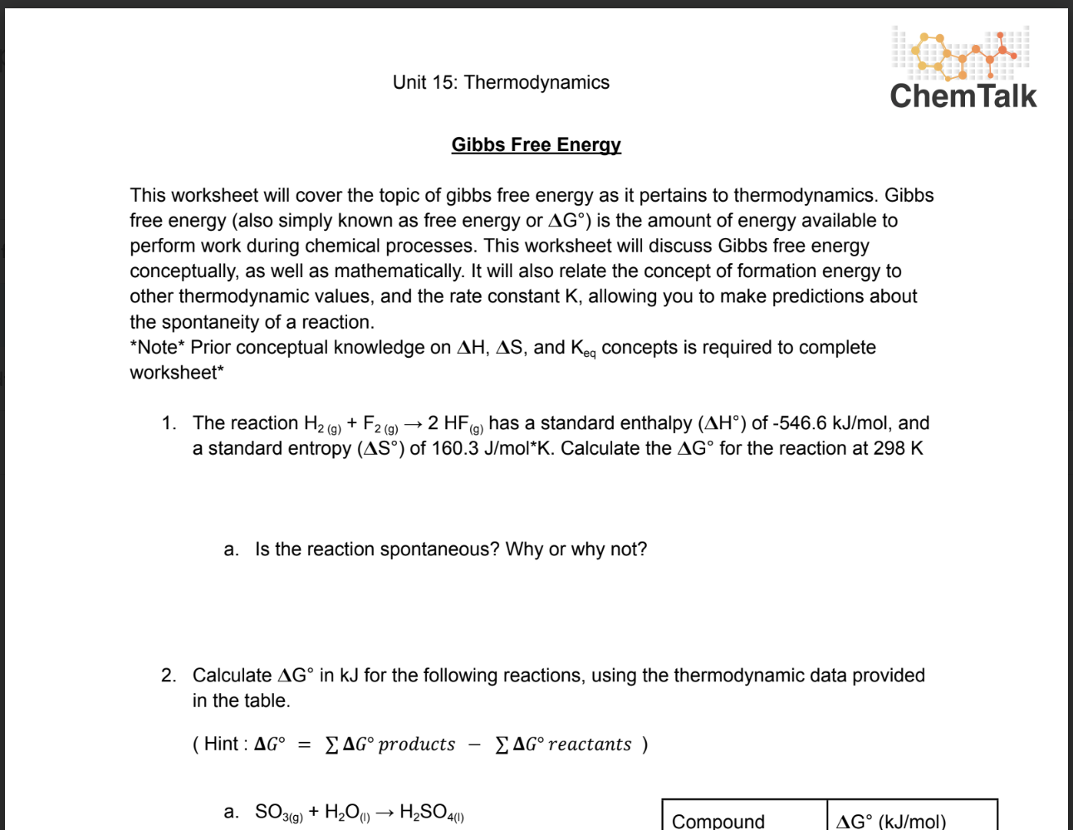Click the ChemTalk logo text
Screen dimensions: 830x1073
click(x=963, y=96)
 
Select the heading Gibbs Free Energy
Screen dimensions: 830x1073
click(x=536, y=144)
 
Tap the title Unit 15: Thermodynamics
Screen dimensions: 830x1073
click(x=501, y=82)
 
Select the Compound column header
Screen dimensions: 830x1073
click(x=718, y=821)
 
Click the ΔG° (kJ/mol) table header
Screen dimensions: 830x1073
click(x=891, y=821)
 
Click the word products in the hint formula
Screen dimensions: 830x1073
click(x=417, y=745)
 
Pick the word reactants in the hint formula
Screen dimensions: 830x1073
click(x=590, y=745)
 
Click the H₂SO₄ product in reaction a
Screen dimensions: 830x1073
click(x=431, y=812)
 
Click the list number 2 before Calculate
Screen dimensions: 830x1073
click(x=168, y=676)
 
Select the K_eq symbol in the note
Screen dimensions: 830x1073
click(x=583, y=349)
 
